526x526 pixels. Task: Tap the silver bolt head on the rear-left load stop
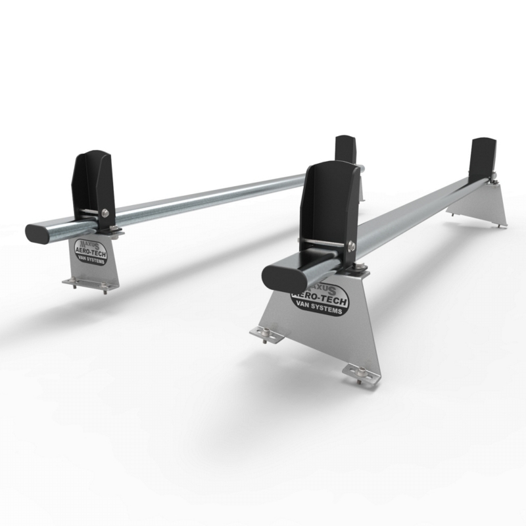pos(107,212)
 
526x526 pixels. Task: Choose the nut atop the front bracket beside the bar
pos(360,268)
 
